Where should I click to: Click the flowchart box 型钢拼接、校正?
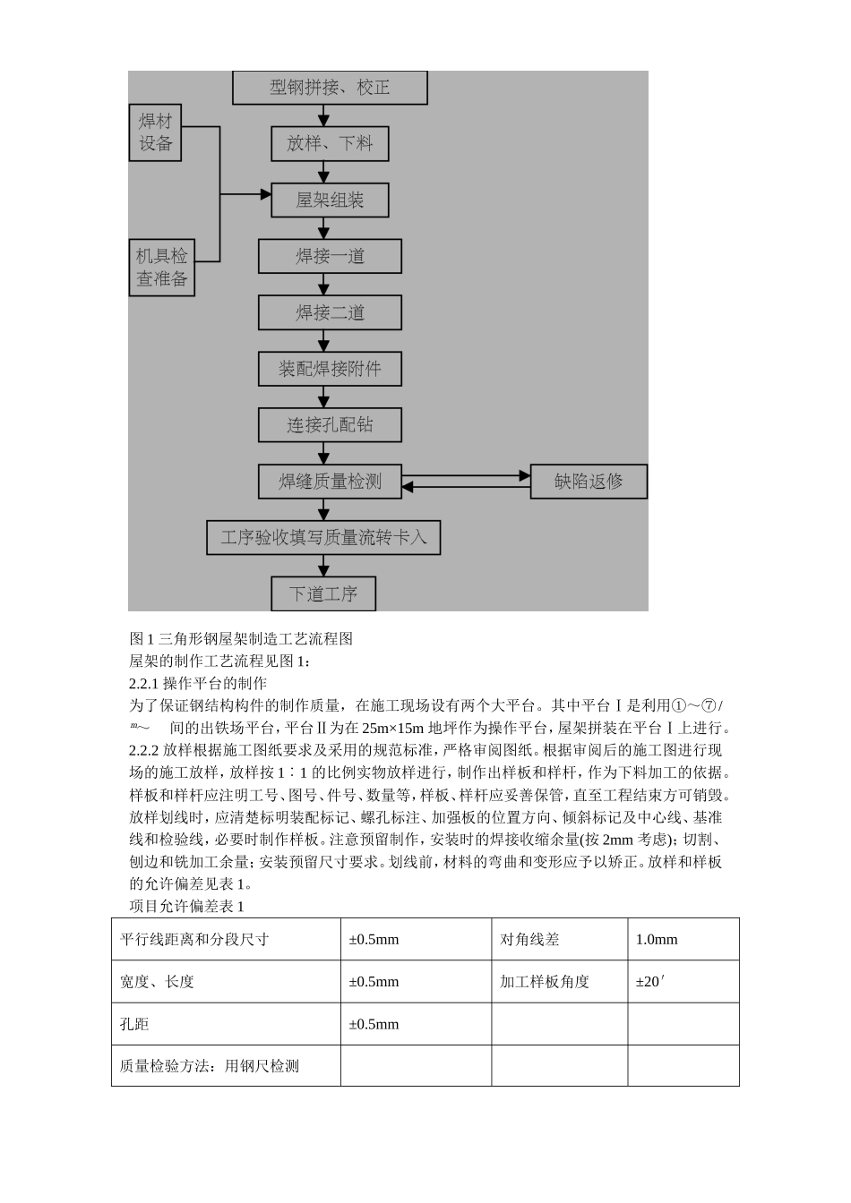coord(330,88)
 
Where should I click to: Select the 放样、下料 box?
coord(330,143)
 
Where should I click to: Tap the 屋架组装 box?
coord(330,200)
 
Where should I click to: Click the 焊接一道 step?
coord(330,256)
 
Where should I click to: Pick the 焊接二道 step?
coord(330,312)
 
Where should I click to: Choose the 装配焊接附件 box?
coord(330,369)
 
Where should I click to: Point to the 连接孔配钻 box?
coord(330,424)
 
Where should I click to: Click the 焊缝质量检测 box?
coord(330,481)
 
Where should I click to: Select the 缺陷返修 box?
coord(589,481)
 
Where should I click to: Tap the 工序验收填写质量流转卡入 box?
coord(323,537)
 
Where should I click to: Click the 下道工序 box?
coord(323,593)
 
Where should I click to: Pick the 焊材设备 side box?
coord(155,132)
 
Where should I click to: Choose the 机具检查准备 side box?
coord(161,267)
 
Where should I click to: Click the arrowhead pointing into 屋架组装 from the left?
coord(265,194)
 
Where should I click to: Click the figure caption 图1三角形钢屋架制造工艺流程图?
coord(241,638)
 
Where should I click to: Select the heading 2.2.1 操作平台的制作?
coord(198,683)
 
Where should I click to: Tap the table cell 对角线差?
coord(529,939)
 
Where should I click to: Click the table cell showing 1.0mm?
coord(657,939)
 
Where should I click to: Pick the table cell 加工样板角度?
coord(545,981)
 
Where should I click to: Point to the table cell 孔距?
coord(134,1024)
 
